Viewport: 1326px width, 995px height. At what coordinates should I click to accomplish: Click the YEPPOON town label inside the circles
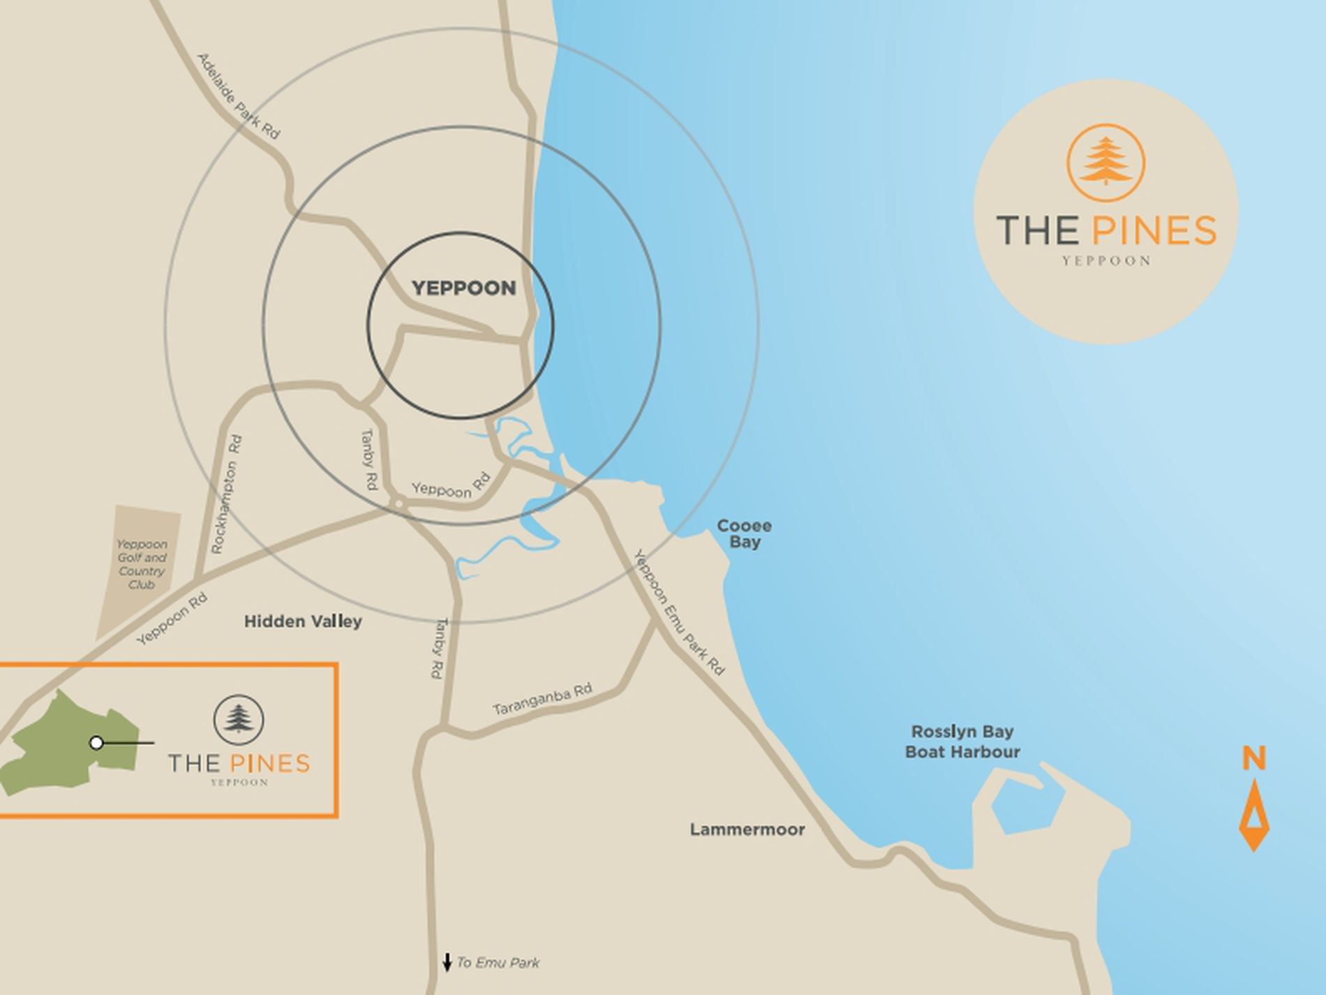click(x=463, y=288)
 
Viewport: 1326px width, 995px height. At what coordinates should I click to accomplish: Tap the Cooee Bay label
click(x=744, y=534)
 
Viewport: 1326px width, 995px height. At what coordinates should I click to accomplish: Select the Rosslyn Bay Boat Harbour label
click(x=962, y=742)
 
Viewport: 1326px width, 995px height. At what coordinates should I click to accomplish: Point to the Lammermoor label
click(x=747, y=830)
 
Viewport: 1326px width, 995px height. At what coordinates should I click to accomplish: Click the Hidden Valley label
click(x=303, y=621)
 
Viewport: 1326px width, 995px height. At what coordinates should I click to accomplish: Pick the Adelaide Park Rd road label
click(x=239, y=96)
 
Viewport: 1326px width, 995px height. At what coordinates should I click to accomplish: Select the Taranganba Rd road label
click(x=542, y=699)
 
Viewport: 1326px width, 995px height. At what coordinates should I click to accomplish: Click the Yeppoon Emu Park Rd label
click(x=679, y=612)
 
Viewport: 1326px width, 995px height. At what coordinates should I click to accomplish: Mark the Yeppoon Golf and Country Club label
click(x=142, y=564)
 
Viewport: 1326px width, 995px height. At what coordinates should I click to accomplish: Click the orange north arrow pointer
click(x=1253, y=816)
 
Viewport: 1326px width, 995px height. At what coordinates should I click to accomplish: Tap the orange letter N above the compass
click(x=1253, y=758)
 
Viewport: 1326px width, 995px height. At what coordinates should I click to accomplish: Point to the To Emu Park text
click(x=498, y=963)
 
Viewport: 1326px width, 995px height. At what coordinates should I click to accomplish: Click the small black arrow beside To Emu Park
click(x=447, y=963)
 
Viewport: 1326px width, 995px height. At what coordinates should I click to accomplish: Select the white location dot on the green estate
click(x=97, y=743)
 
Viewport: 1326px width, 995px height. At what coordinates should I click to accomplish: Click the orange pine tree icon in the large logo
click(x=1105, y=162)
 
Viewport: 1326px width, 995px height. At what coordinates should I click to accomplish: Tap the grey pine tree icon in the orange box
click(x=239, y=719)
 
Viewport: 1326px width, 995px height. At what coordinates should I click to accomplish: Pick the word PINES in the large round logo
click(x=1154, y=230)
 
